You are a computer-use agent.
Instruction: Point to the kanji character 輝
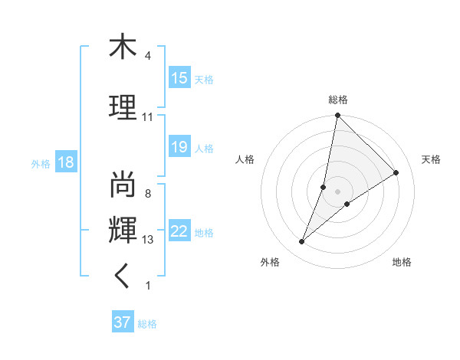(123, 229)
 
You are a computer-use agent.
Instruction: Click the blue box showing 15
(179, 78)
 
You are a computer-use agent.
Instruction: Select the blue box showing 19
(179, 147)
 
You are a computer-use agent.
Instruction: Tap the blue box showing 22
(179, 232)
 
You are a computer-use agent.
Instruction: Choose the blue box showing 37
(123, 322)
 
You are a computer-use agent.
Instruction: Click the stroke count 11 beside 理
(147, 117)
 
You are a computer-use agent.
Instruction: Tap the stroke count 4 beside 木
(147, 56)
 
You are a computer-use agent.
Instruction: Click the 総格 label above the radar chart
(337, 100)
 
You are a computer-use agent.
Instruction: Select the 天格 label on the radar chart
(431, 159)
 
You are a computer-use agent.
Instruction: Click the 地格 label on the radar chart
(402, 262)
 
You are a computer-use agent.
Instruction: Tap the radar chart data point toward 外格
(302, 242)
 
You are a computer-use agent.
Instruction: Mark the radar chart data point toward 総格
(337, 116)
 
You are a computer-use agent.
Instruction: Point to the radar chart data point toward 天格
(396, 173)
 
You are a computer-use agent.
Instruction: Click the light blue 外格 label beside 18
(41, 163)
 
